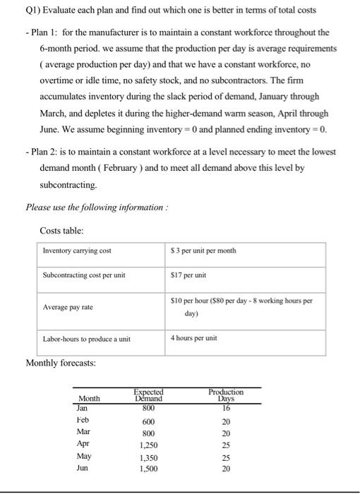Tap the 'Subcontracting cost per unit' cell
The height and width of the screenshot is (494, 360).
84,275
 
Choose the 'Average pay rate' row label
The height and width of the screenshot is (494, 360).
68,308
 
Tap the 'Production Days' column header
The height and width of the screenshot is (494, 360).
226,394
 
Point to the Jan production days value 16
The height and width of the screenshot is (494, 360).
226,406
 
